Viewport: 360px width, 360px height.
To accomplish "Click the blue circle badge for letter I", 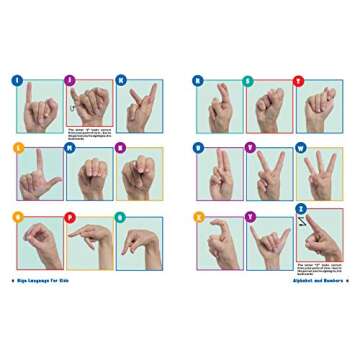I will tap(17, 80).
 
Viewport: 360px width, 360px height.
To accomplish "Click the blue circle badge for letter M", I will tap(69, 147).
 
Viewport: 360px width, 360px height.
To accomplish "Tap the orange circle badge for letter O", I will tap(17, 215).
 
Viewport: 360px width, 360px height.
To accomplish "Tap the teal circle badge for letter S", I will tap(248, 80).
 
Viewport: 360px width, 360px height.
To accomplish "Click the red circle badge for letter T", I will tap(297, 80).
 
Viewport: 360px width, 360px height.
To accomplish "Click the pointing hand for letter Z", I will tap(320, 238).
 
